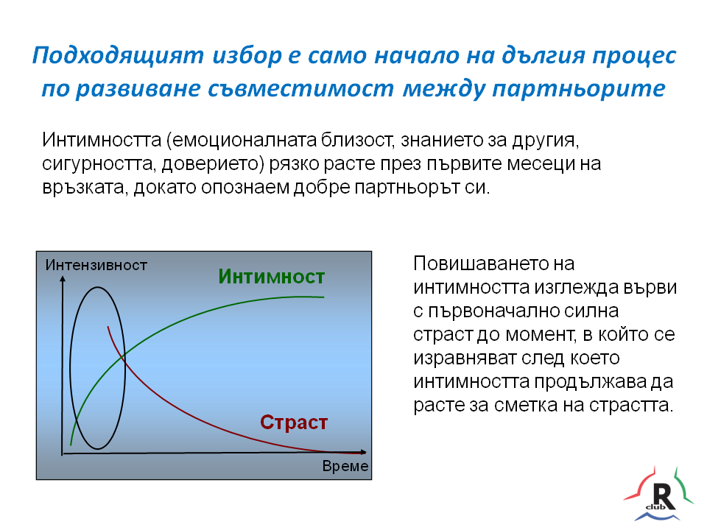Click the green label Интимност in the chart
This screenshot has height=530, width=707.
tap(272, 277)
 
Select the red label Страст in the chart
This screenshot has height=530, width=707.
tap(294, 423)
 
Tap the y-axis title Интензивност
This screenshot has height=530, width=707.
tap(96, 265)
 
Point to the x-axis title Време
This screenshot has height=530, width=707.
tap(345, 466)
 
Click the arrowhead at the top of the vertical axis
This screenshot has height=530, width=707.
tap(63, 280)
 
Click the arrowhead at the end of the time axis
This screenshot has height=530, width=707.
tap(363, 451)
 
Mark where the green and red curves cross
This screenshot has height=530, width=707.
tap(124, 356)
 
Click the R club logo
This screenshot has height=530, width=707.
tap(658, 495)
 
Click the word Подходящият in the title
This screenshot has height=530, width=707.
tap(118, 56)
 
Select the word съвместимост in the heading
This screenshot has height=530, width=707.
tap(300, 88)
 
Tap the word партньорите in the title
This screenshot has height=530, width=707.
tap(579, 88)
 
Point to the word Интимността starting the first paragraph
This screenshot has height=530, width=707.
tap(102, 140)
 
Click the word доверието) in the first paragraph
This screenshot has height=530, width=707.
tap(213, 163)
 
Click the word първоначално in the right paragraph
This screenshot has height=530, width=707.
tap(491, 311)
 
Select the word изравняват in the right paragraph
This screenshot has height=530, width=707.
tap(465, 358)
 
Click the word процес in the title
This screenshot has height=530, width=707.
tap(634, 56)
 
